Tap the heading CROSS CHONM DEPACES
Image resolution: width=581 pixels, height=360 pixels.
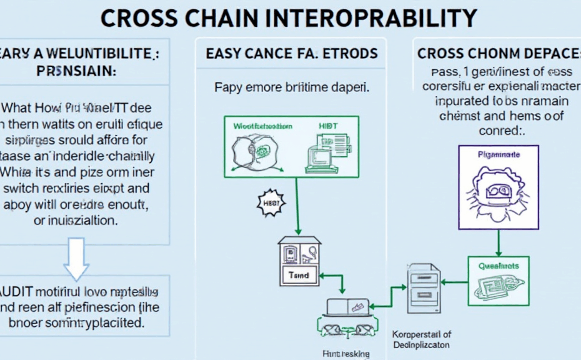(x=498, y=54)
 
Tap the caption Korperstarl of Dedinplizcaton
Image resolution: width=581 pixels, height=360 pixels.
(x=421, y=339)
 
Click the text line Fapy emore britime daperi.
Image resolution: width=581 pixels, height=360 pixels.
(x=292, y=87)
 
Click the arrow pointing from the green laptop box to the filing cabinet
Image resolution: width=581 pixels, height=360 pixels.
(x=455, y=282)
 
